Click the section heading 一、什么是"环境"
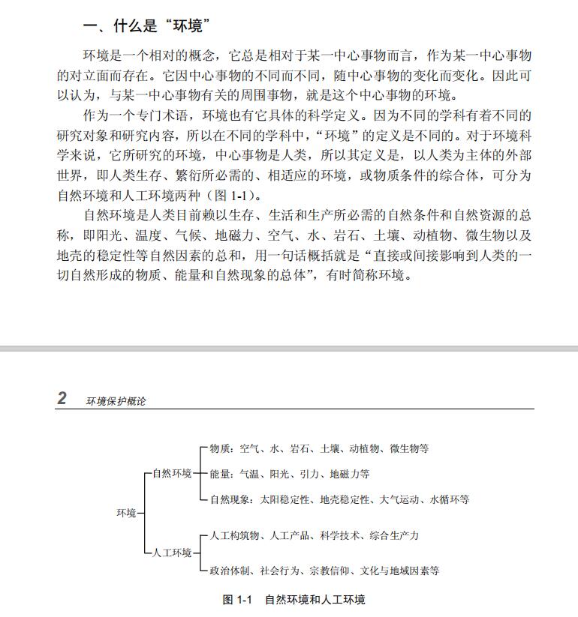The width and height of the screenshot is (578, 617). pos(146,26)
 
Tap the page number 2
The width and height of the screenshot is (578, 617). pos(62,398)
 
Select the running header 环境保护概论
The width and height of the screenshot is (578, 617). pos(116,400)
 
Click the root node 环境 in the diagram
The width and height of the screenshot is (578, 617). pos(126,513)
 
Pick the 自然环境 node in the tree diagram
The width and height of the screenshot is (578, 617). pos(172,474)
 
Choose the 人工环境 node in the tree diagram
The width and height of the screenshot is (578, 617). pos(172,553)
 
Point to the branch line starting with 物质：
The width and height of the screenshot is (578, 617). pos(319,449)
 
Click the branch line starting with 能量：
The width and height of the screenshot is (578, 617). pos(289,474)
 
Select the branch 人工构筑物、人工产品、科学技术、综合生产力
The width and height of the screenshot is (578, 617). pos(314,535)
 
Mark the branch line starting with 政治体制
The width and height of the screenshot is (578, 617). pos(324,571)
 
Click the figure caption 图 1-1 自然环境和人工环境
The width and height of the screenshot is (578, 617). pos(294,600)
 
